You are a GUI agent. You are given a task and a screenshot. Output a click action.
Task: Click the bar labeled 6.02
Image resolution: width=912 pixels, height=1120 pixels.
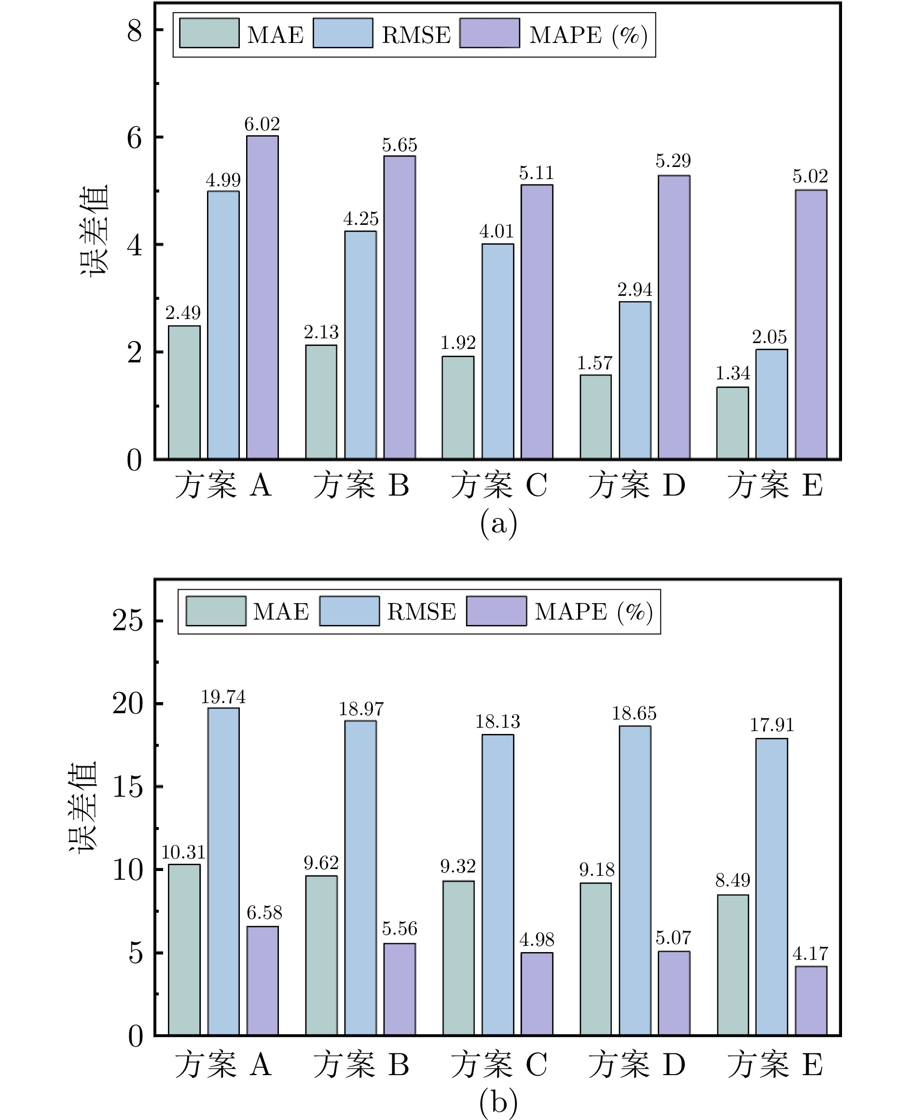pos(262,297)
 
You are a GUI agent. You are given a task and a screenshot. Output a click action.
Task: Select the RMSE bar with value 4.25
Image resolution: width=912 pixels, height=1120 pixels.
pos(360,345)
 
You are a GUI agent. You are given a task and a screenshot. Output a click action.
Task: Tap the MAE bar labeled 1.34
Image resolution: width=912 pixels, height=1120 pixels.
pos(732,423)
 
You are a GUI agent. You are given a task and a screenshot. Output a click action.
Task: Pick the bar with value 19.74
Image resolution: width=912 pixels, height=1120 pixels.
pos(223,871)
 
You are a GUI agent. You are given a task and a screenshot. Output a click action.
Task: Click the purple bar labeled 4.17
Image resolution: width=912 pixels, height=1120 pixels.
pos(811,1001)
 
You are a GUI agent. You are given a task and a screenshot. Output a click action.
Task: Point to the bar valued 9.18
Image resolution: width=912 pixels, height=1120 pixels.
pos(596,959)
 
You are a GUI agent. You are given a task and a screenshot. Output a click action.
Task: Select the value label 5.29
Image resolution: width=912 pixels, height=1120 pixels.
pos(673,161)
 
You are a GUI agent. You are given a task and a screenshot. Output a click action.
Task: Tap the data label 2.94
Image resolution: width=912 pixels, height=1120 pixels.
pos(635,290)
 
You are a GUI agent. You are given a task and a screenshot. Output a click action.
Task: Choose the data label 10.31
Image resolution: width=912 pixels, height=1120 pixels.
pos(183,852)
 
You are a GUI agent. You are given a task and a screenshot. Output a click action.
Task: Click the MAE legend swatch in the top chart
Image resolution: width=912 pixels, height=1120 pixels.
pos(209,33)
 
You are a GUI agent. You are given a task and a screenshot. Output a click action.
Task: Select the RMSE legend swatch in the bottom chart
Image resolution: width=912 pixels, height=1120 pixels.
pos(349,610)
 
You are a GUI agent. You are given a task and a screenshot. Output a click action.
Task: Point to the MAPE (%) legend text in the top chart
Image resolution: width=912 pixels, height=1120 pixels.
pos(588,35)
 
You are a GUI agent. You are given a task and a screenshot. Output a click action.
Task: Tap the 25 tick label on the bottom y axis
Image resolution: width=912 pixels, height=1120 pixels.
pos(128,621)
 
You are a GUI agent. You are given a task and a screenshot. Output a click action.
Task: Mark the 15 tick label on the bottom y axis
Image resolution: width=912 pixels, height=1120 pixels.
pos(128,787)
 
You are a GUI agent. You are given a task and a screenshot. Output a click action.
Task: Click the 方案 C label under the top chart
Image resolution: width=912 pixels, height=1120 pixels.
pos(499,484)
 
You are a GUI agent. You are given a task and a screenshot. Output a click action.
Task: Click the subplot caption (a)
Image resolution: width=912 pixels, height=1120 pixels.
pos(498,523)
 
